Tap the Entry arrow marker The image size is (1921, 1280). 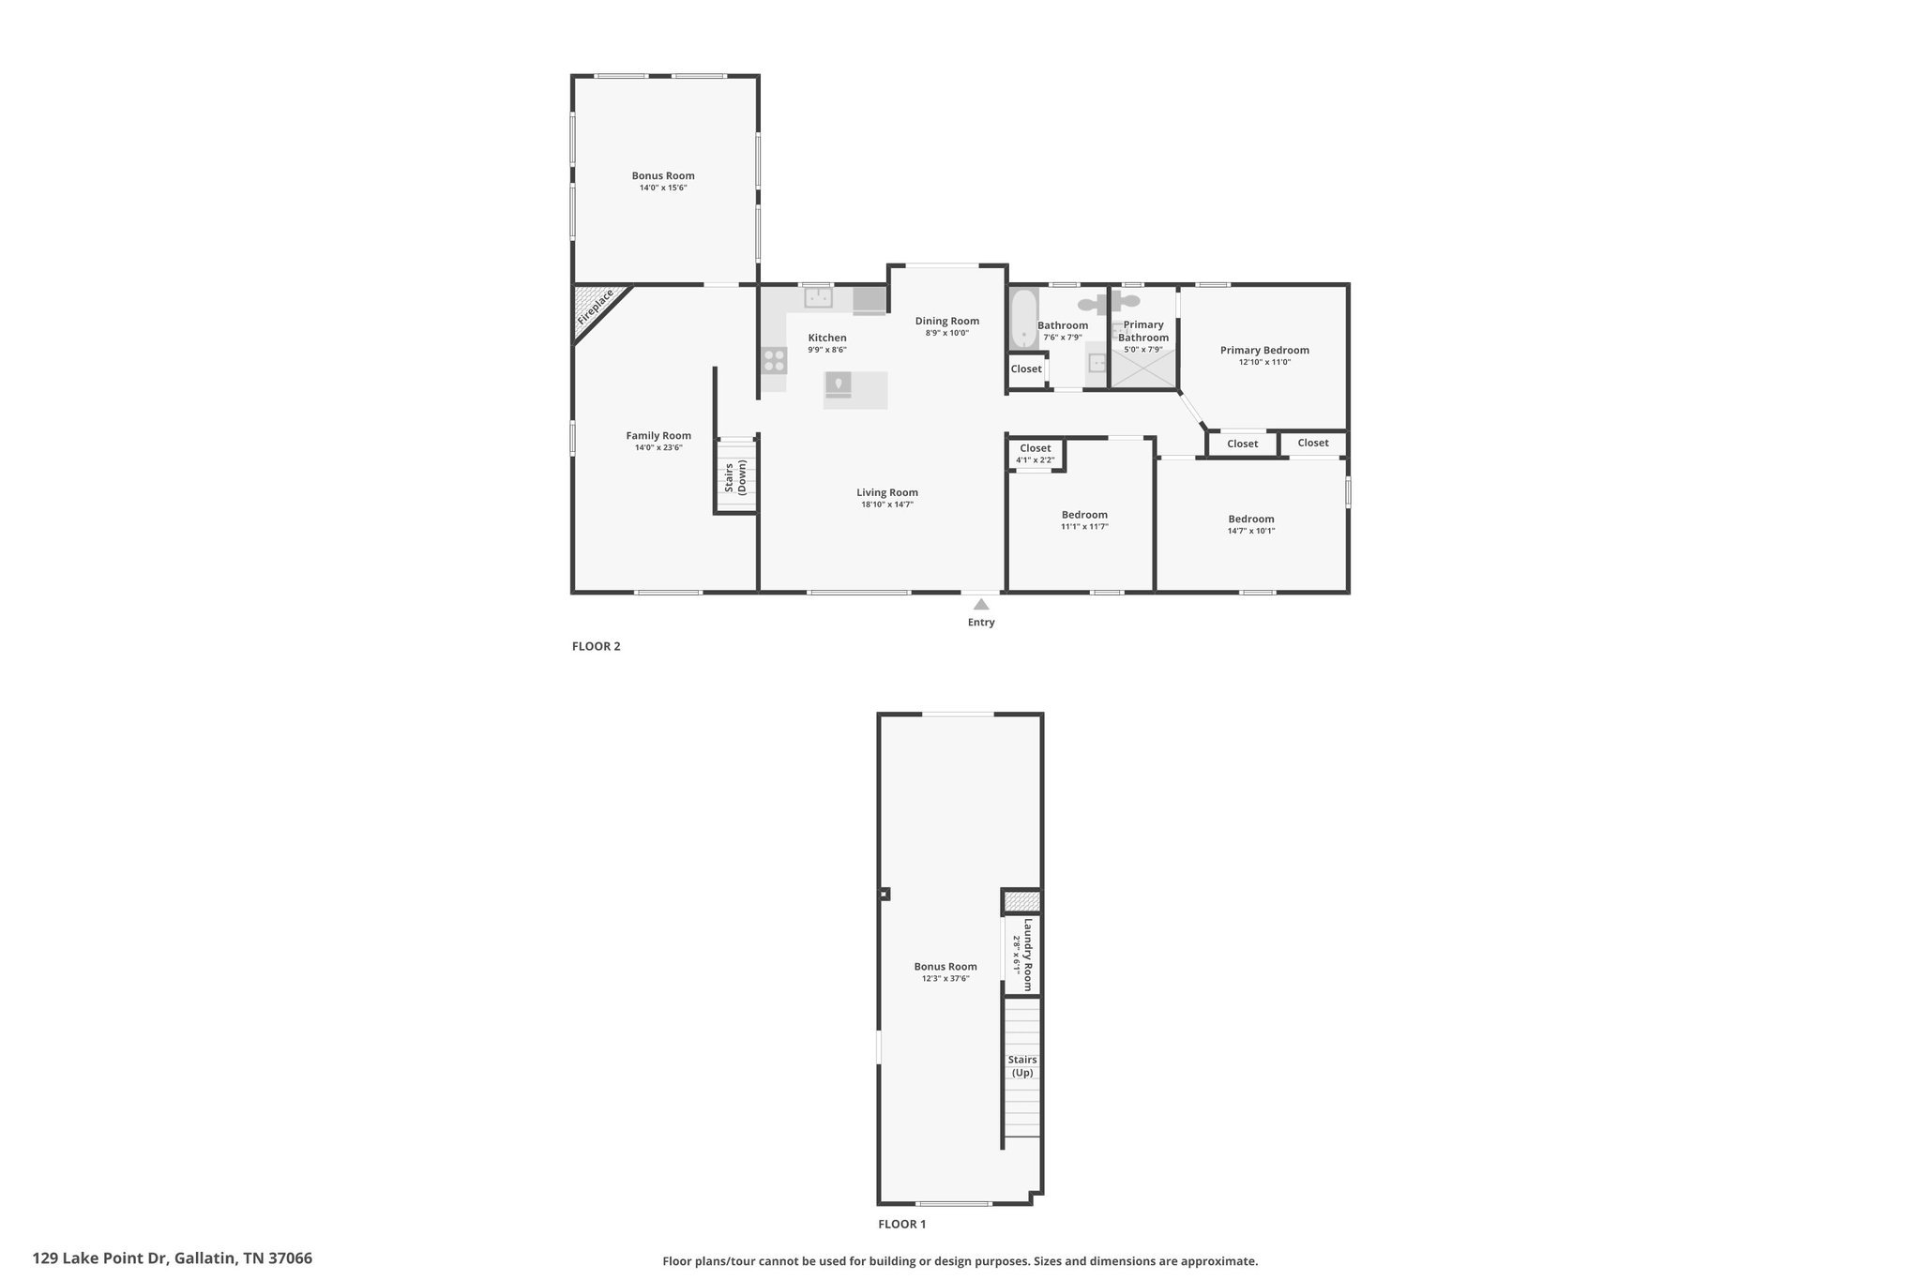(x=981, y=604)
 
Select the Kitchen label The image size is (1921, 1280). (x=827, y=338)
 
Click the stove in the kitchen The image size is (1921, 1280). (x=774, y=361)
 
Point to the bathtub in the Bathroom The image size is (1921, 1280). (x=1022, y=318)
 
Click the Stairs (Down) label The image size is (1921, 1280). (x=735, y=477)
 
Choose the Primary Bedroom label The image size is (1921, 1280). (x=1264, y=350)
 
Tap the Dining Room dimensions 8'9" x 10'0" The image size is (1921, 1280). (x=947, y=333)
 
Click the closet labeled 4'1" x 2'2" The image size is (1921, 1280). (x=1036, y=454)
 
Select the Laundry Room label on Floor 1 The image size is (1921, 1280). (x=1028, y=955)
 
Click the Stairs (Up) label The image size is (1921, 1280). (x=1022, y=1066)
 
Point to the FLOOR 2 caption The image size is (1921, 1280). (x=597, y=646)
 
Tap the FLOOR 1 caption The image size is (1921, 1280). (x=902, y=1224)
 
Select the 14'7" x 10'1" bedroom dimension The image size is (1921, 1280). (x=1251, y=531)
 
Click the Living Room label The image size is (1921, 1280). (x=887, y=492)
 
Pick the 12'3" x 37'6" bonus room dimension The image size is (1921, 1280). (x=945, y=978)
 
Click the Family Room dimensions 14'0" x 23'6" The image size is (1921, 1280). (x=658, y=447)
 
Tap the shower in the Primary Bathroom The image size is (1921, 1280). (x=1143, y=369)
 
